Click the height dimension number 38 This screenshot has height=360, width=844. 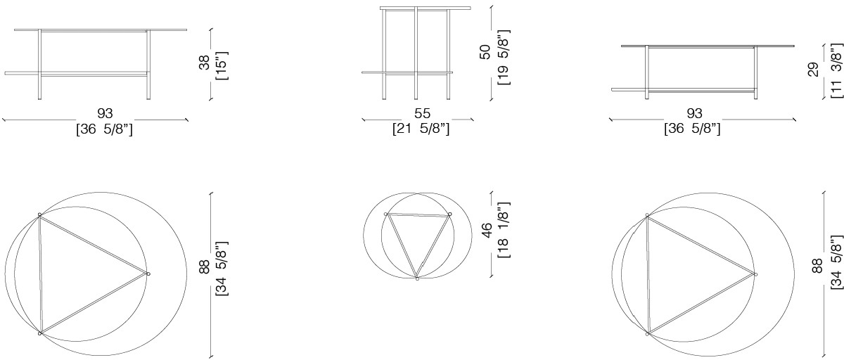click(x=204, y=63)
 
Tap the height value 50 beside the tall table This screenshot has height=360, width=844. click(x=485, y=52)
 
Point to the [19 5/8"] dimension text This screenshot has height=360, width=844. click(x=504, y=57)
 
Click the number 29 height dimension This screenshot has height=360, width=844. click(x=814, y=70)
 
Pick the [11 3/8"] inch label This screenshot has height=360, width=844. click(x=836, y=71)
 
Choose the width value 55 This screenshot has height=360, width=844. click(x=422, y=113)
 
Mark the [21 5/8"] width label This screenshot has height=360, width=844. click(x=421, y=129)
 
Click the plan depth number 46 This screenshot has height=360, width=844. click(x=487, y=230)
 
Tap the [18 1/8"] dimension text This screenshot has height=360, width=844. click(x=504, y=230)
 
